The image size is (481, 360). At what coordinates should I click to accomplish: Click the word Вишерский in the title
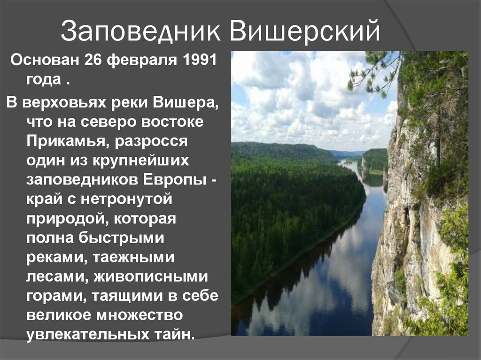coord(305,30)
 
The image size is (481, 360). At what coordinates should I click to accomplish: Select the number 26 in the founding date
coord(93,60)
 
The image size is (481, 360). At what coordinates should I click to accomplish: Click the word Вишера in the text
coord(185,102)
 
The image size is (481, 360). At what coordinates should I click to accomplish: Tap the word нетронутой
coord(126,199)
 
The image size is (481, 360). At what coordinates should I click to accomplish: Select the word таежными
coord(133,258)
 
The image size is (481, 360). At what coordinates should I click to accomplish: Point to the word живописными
coord(151,277)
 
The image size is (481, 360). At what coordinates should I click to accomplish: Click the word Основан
coord(45,60)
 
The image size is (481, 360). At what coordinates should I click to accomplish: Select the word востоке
coord(172,122)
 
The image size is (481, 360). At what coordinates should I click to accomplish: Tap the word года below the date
coord(44,80)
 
